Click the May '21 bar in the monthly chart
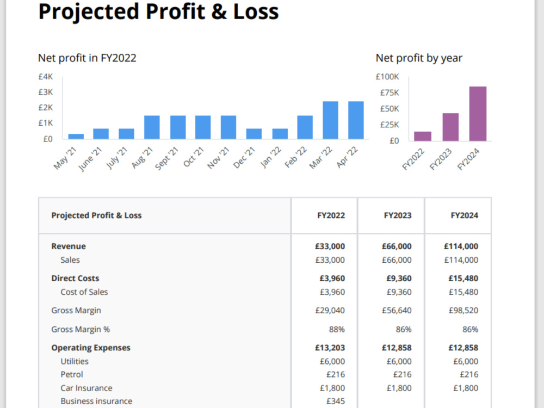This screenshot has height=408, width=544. (x=76, y=137)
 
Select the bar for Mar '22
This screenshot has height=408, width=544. (x=330, y=120)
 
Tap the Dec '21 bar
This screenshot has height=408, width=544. (x=254, y=134)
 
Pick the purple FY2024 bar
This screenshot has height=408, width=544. (x=478, y=114)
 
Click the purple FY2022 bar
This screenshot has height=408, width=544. (x=423, y=137)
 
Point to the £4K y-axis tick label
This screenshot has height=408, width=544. (x=46, y=77)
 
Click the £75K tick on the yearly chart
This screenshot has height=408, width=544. (x=390, y=92)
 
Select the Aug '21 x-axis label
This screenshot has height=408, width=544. (x=143, y=158)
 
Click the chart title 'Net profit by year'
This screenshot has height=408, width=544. (x=419, y=58)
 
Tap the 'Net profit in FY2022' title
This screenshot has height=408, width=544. (x=87, y=58)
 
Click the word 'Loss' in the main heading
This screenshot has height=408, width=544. (x=256, y=11)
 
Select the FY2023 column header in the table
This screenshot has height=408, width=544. (x=398, y=215)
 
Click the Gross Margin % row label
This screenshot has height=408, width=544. (x=81, y=329)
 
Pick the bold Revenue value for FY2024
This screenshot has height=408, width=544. (x=461, y=246)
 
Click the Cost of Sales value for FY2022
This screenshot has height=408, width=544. (x=332, y=292)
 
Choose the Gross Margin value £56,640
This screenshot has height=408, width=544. (x=397, y=311)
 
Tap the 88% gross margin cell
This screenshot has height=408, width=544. (x=337, y=329)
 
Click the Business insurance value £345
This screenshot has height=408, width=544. (x=336, y=401)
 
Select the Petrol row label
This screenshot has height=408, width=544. (x=72, y=374)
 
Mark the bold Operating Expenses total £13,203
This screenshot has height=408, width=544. (x=330, y=348)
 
